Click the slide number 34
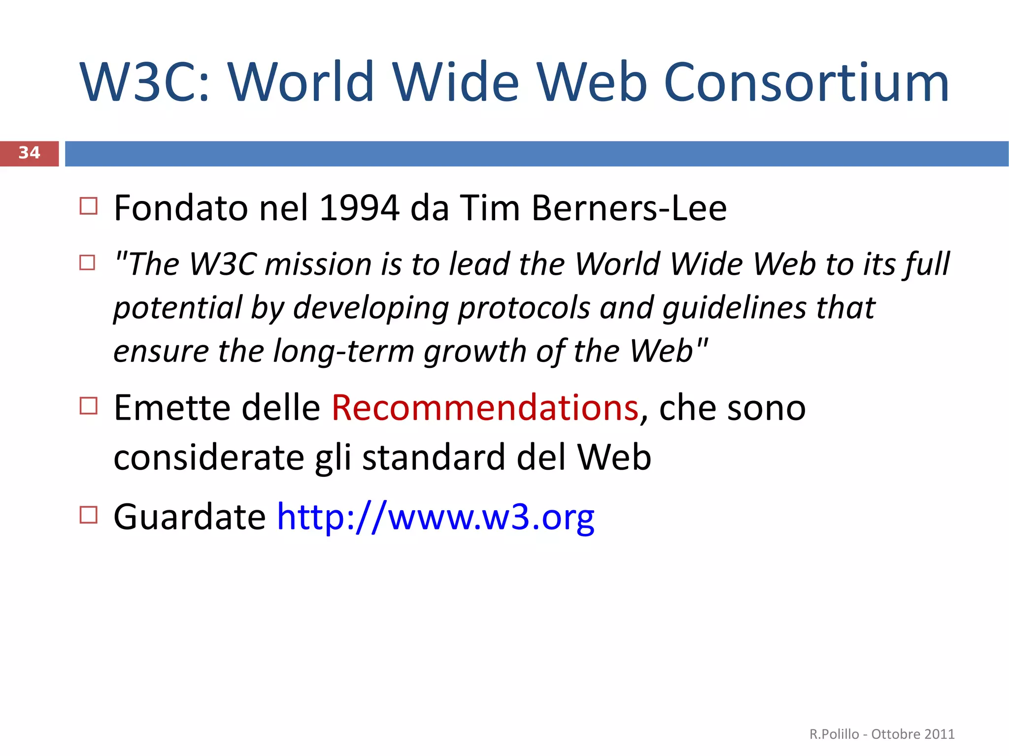click(x=29, y=153)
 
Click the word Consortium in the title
click(x=806, y=82)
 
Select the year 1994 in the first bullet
click(x=359, y=208)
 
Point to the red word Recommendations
click(x=485, y=408)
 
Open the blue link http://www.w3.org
click(x=436, y=518)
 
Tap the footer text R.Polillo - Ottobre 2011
click(x=882, y=734)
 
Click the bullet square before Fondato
click(x=88, y=206)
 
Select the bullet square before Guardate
click(x=88, y=515)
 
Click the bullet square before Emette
click(x=88, y=406)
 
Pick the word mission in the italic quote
click(x=318, y=264)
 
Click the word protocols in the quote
click(x=524, y=308)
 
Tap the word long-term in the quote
click(x=343, y=352)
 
